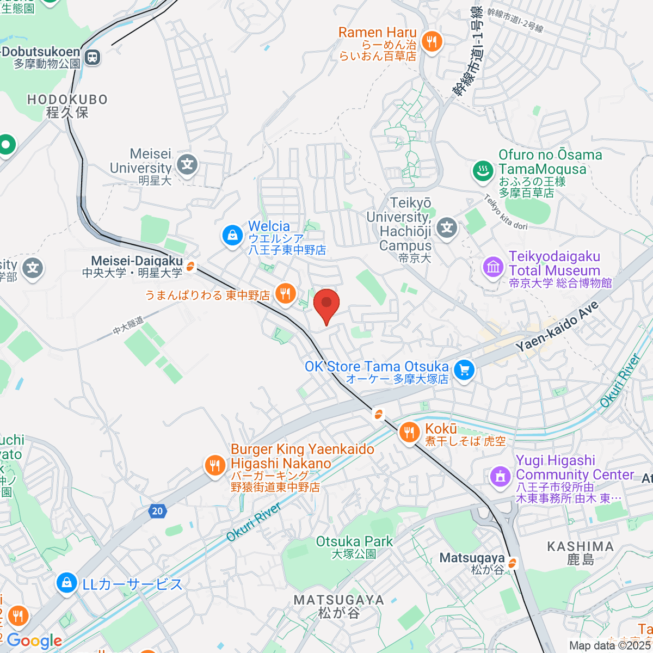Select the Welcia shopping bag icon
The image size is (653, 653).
(232, 235)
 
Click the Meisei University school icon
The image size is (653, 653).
(188, 164)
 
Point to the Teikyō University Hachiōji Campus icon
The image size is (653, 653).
(447, 227)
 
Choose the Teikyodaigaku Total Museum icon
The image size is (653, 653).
(494, 267)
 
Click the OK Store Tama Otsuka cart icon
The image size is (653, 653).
(464, 371)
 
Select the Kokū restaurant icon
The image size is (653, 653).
(409, 433)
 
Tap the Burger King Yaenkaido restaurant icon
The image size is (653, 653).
(215, 465)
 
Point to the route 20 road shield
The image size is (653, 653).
(157, 510)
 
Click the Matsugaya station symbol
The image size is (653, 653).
(512, 564)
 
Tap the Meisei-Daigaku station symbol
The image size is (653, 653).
(190, 267)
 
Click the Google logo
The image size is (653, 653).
(34, 640)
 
